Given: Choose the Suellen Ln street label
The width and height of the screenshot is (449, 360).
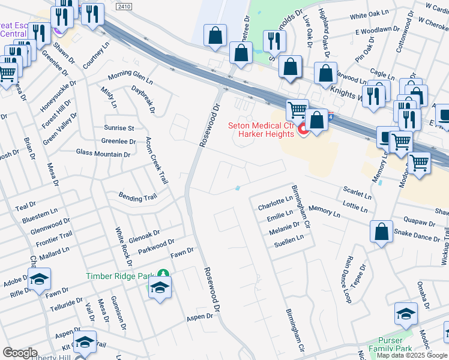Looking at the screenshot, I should [x=289, y=237].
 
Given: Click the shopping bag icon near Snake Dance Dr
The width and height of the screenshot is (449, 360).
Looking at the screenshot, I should [x=381, y=232].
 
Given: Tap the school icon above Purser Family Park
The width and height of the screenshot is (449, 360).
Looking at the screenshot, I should [x=406, y=314].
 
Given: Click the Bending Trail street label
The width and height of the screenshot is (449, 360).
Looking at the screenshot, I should [x=137, y=197].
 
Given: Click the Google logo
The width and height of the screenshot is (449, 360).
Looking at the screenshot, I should [x=20, y=353].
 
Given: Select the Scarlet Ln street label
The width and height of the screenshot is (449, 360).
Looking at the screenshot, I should [x=357, y=193].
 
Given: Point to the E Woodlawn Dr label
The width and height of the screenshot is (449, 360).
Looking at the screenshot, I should [x=377, y=29].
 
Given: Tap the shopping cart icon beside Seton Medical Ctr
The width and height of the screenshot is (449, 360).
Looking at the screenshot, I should [x=297, y=110].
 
